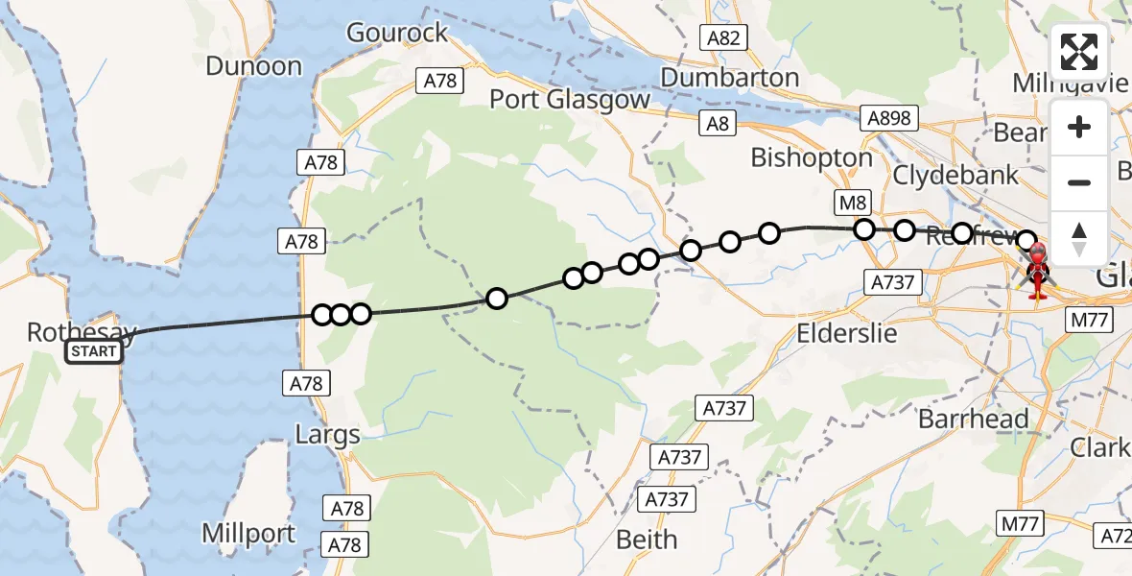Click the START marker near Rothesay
tap(95, 352)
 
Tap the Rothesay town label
tap(81, 332)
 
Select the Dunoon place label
tap(253, 66)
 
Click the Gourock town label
tap(397, 33)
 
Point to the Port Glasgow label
tap(570, 99)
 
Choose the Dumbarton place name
tap(730, 77)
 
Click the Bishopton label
tap(812, 157)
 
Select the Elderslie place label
tap(847, 333)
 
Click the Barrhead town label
tap(973, 419)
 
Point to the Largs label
tap(327, 435)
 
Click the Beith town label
tap(646, 540)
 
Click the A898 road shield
tap(889, 118)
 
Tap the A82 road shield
tap(722, 37)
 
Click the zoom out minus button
tap(1079, 182)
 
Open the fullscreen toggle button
tap(1079, 52)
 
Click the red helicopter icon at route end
tap(1038, 274)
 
